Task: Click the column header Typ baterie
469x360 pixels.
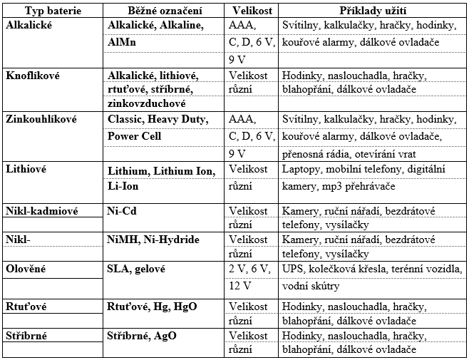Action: (51, 11)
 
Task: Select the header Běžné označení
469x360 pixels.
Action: (165, 11)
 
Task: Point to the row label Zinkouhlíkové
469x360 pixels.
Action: (40, 119)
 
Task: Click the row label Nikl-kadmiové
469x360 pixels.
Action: (40, 212)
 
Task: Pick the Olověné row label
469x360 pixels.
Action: (25, 269)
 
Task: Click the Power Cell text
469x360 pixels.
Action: (135, 135)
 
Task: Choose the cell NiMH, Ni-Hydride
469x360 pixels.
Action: (153, 240)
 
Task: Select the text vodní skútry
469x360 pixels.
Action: (311, 286)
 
